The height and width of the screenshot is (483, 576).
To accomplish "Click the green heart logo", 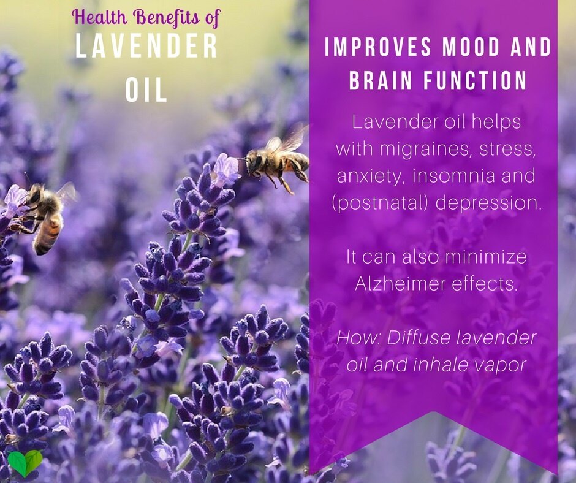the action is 25,462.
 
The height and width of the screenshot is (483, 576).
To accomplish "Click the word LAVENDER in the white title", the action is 146,45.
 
